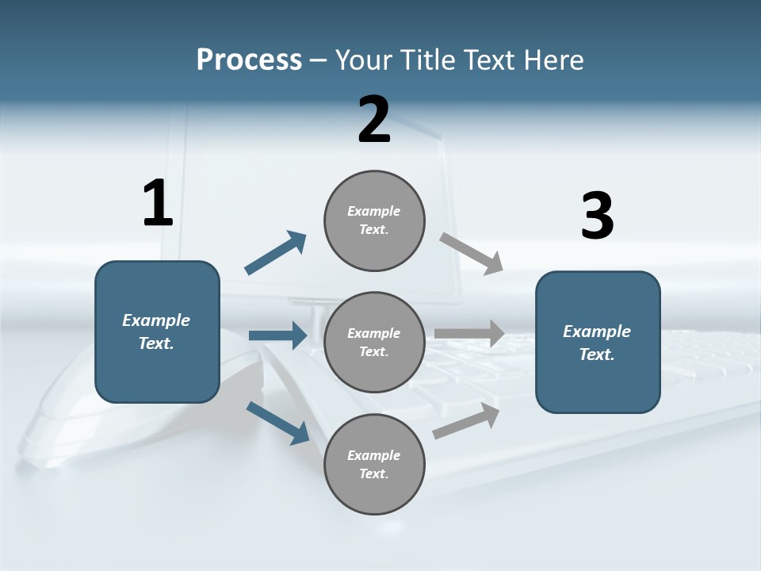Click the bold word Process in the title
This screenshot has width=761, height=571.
click(x=249, y=60)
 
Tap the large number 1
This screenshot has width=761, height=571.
click(x=158, y=203)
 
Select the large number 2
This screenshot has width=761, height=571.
click(x=374, y=120)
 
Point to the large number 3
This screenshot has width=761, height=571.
click(x=597, y=217)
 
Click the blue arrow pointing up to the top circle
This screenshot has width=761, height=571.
click(x=276, y=253)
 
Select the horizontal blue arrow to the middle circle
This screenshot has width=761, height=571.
click(x=277, y=335)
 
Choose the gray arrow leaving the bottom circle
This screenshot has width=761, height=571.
click(x=466, y=421)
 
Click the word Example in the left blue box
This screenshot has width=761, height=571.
click(x=156, y=320)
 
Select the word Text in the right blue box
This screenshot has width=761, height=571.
click(x=595, y=354)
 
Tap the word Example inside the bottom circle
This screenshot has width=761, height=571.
click(x=373, y=455)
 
